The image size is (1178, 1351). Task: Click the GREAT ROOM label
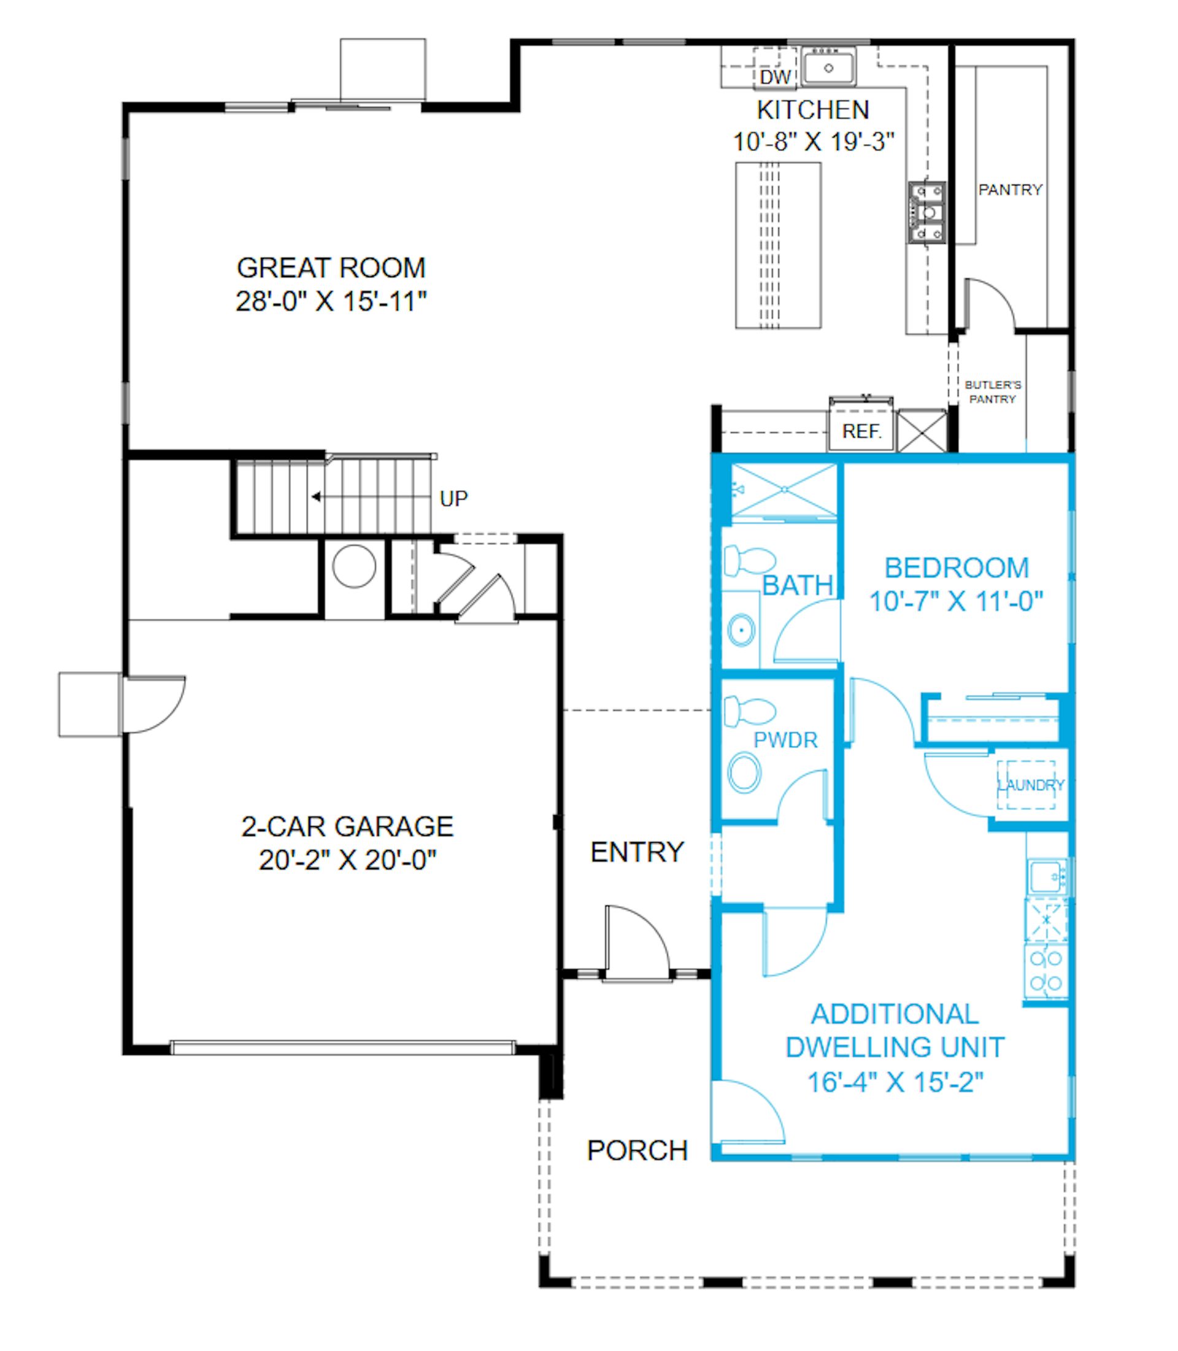pyautogui.click(x=331, y=268)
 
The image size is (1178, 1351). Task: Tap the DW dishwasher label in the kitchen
pyautogui.click(x=775, y=77)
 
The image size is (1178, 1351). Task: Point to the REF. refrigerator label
pyautogui.click(x=861, y=431)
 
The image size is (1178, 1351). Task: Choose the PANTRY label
pyautogui.click(x=1011, y=190)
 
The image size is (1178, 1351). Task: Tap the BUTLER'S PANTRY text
pyautogui.click(x=993, y=392)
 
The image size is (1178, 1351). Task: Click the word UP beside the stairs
pyautogui.click(x=453, y=498)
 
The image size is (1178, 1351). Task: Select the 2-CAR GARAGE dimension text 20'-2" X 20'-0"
pyautogui.click(x=348, y=860)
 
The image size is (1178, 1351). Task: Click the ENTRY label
pyautogui.click(x=637, y=852)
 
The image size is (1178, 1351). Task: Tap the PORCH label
pyautogui.click(x=637, y=1150)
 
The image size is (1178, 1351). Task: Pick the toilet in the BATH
pyautogui.click(x=749, y=561)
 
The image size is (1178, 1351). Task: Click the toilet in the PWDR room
pyautogui.click(x=749, y=710)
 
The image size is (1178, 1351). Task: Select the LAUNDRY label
pyautogui.click(x=1031, y=785)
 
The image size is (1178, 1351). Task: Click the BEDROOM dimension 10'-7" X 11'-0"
pyautogui.click(x=957, y=601)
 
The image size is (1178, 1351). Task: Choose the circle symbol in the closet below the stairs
pyautogui.click(x=355, y=566)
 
